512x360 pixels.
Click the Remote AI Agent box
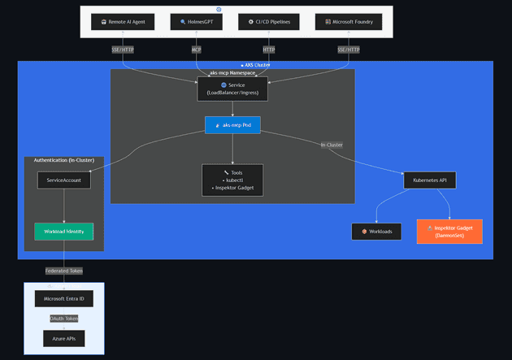123,22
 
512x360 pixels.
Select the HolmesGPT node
197,22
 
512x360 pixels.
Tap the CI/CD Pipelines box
269,22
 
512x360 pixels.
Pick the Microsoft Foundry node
349,22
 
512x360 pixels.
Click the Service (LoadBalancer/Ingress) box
232,89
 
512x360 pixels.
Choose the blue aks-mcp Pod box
232,125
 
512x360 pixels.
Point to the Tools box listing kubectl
232,180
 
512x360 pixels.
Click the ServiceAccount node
63,180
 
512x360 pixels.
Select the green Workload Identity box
63,232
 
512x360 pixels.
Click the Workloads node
376,232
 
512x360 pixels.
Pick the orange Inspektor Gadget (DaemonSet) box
449,232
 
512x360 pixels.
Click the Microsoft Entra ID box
63,299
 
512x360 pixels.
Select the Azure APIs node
63,338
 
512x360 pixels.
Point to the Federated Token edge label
63,271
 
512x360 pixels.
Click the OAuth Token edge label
63,319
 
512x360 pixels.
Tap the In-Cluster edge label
332,145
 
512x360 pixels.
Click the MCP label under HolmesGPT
197,50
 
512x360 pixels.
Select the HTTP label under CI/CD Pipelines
269,50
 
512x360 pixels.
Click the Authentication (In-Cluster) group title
64,160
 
